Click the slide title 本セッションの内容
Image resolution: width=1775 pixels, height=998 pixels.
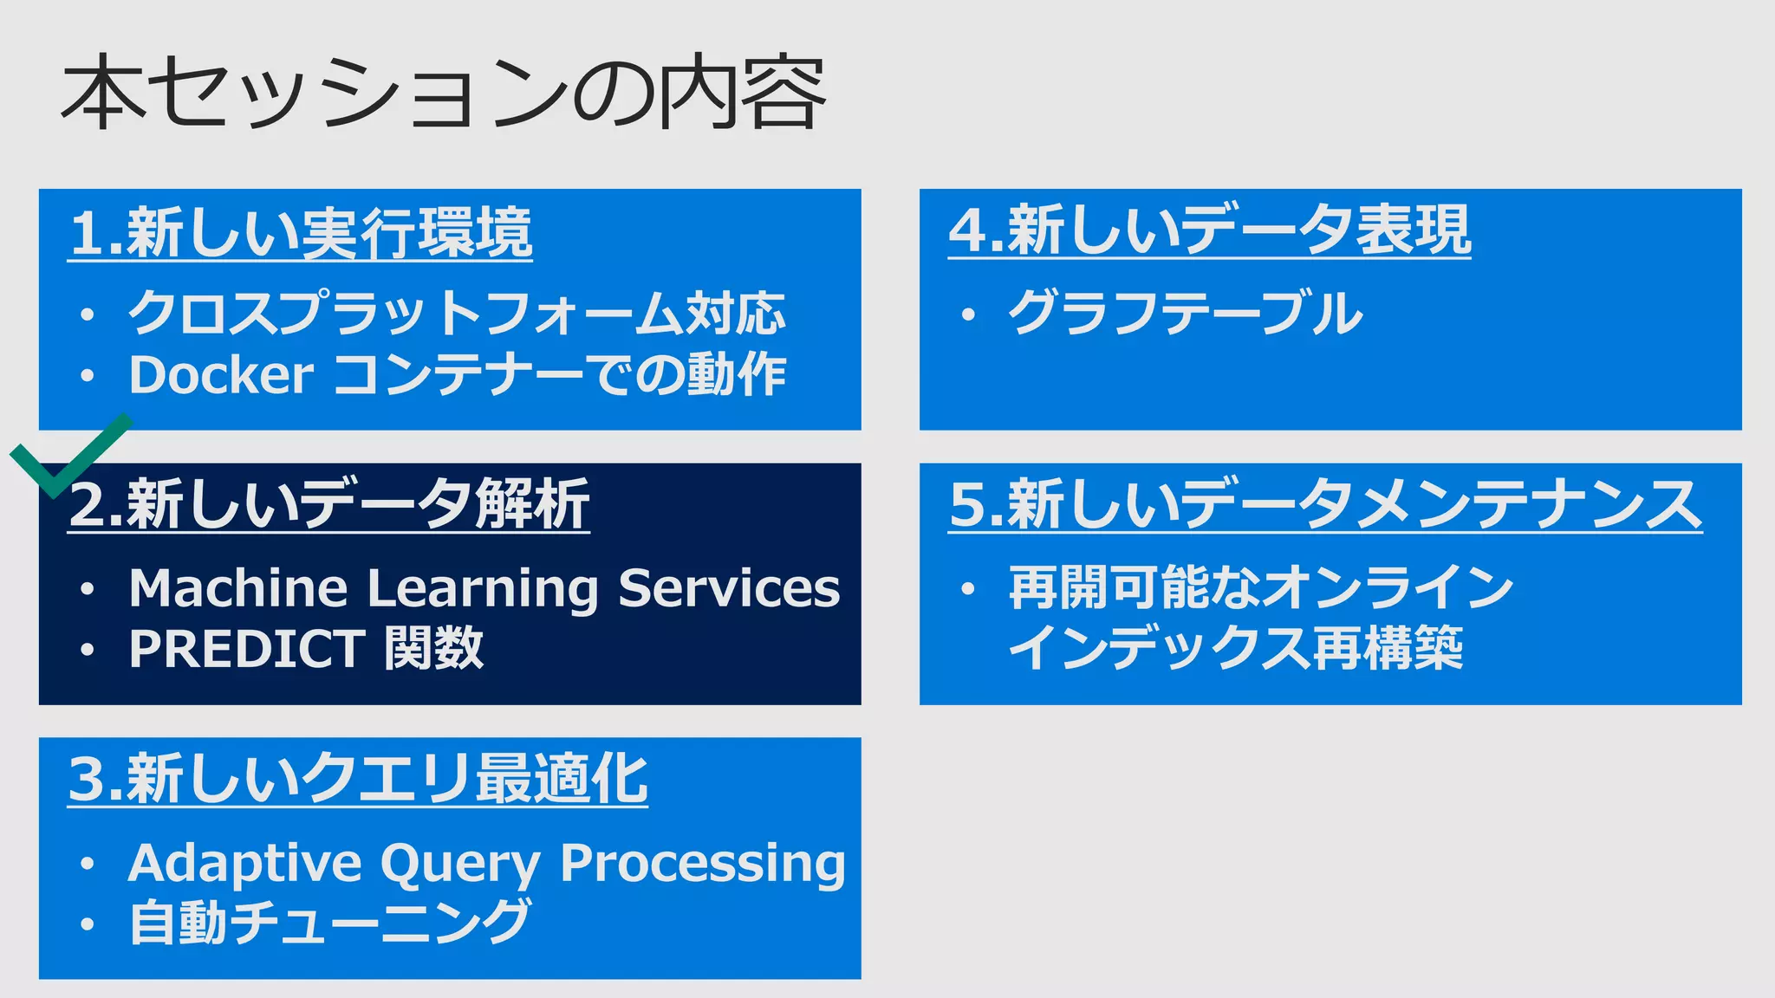tap(442, 93)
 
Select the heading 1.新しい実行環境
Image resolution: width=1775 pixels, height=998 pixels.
tap(300, 233)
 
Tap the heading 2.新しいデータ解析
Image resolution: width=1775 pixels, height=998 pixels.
tap(329, 504)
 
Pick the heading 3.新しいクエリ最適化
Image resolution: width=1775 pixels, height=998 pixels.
tap(357, 779)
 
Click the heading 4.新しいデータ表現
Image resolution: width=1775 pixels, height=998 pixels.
tap(1210, 230)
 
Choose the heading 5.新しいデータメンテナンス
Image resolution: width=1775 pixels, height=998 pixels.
tap(1324, 504)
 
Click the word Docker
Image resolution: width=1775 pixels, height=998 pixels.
tap(221, 375)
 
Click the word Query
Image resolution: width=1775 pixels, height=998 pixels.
tap(460, 865)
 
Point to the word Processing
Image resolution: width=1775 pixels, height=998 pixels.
tap(702, 865)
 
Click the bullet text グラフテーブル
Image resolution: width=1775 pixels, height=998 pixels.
tap(1185, 313)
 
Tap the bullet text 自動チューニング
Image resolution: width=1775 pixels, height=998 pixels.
tap(328, 922)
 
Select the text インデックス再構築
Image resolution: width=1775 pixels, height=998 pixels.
tap(1235, 649)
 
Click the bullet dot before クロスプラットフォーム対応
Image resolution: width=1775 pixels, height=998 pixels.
tap(87, 315)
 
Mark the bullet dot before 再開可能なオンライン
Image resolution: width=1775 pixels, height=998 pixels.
tap(968, 590)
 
